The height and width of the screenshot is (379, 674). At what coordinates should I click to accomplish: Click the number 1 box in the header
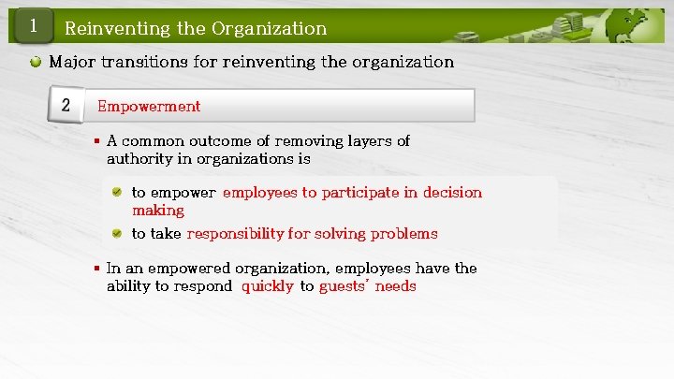pyautogui.click(x=32, y=26)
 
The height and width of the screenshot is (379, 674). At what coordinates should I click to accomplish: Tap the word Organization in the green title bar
pyautogui.click(x=269, y=28)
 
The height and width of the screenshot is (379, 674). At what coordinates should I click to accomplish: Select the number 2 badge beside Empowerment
pyautogui.click(x=66, y=105)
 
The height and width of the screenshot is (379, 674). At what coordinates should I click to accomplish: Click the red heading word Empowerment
pyautogui.click(x=149, y=106)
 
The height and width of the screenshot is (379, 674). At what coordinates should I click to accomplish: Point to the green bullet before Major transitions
pyautogui.click(x=35, y=63)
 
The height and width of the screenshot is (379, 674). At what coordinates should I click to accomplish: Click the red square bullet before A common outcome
pyautogui.click(x=96, y=141)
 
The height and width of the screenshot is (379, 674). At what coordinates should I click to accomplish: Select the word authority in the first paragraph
pyautogui.click(x=139, y=159)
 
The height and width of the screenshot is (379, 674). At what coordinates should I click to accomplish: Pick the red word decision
pyautogui.click(x=452, y=192)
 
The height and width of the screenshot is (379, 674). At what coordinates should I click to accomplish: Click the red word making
pyautogui.click(x=158, y=211)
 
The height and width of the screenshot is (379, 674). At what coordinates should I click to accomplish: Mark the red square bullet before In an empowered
pyautogui.click(x=96, y=269)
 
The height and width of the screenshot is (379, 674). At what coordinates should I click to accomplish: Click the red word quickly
pyautogui.click(x=268, y=286)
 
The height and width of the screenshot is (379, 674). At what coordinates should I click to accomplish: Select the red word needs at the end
pyautogui.click(x=395, y=286)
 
